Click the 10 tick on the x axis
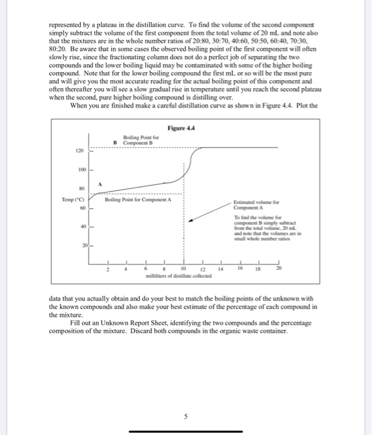pyautogui.click(x=184, y=268)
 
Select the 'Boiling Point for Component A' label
pyautogui.click(x=138, y=199)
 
